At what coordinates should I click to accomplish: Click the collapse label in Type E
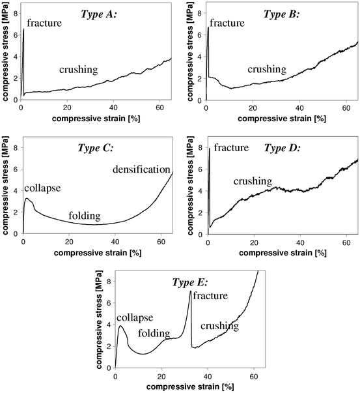[x=135, y=317]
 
